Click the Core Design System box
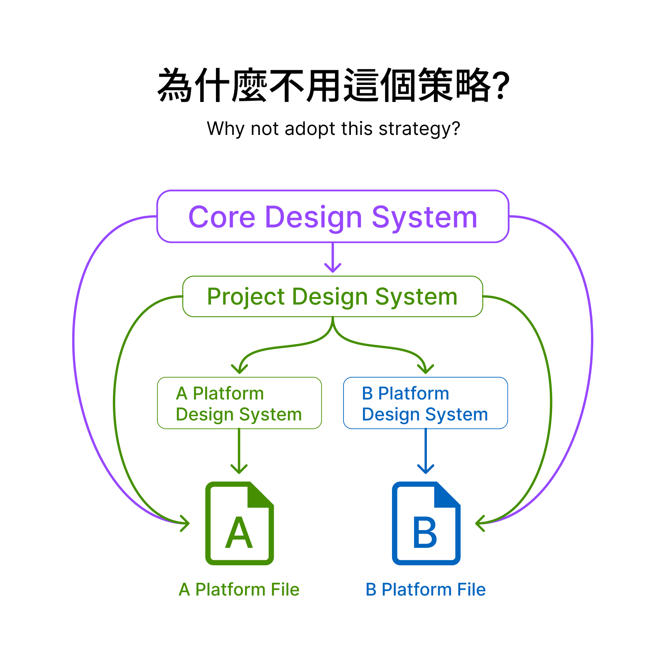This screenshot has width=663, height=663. tap(332, 216)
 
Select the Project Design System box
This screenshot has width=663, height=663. tap(332, 297)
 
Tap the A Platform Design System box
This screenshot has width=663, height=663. tap(239, 403)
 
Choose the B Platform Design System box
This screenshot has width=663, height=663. tap(425, 403)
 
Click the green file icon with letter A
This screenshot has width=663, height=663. tap(240, 523)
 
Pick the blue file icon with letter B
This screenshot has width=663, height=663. tap(426, 523)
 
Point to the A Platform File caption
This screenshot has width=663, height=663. tap(239, 589)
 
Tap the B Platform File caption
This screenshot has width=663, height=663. tap(425, 589)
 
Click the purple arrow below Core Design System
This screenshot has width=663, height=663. tap(333, 258)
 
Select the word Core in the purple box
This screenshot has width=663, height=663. tap(222, 217)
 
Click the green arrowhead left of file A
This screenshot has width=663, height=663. tap(185, 523)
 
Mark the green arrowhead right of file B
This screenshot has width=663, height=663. tap(480, 523)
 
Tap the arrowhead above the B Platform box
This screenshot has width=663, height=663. tap(426, 368)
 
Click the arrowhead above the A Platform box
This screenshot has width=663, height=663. tap(239, 368)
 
